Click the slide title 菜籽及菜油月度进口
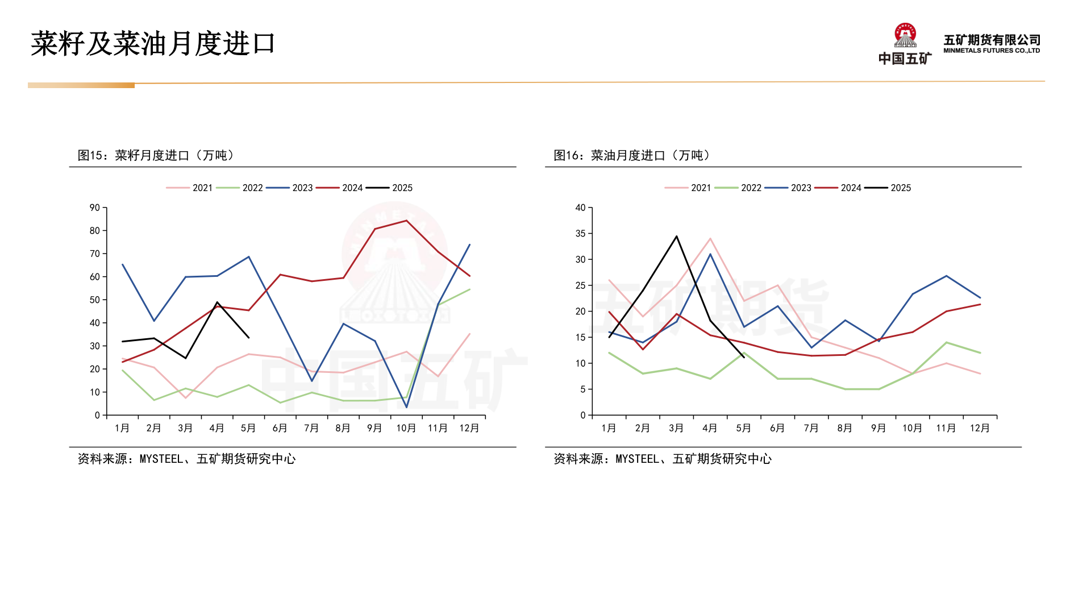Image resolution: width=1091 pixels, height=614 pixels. click(x=153, y=44)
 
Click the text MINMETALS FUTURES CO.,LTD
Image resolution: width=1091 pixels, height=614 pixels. click(x=992, y=51)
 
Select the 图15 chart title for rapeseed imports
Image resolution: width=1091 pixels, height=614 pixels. click(x=156, y=155)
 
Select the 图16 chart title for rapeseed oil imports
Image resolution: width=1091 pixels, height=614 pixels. click(x=632, y=155)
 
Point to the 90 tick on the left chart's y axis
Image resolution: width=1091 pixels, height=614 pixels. click(x=95, y=208)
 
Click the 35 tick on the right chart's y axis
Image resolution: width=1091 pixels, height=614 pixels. click(x=580, y=234)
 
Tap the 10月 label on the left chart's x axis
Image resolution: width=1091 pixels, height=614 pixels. click(x=406, y=428)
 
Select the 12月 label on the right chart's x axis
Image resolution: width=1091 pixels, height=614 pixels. click(x=980, y=428)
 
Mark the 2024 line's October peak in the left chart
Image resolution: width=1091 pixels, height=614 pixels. click(x=406, y=221)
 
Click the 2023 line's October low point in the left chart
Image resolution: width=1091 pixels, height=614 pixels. click(x=406, y=407)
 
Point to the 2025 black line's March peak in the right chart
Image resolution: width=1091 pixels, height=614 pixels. click(x=676, y=236)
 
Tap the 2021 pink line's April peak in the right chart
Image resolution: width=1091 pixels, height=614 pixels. click(x=710, y=239)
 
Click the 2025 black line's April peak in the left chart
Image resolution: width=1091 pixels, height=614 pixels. click(x=217, y=302)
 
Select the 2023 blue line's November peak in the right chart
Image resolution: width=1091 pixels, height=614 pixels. click(x=946, y=276)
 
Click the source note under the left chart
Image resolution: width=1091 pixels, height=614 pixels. click(x=186, y=459)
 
